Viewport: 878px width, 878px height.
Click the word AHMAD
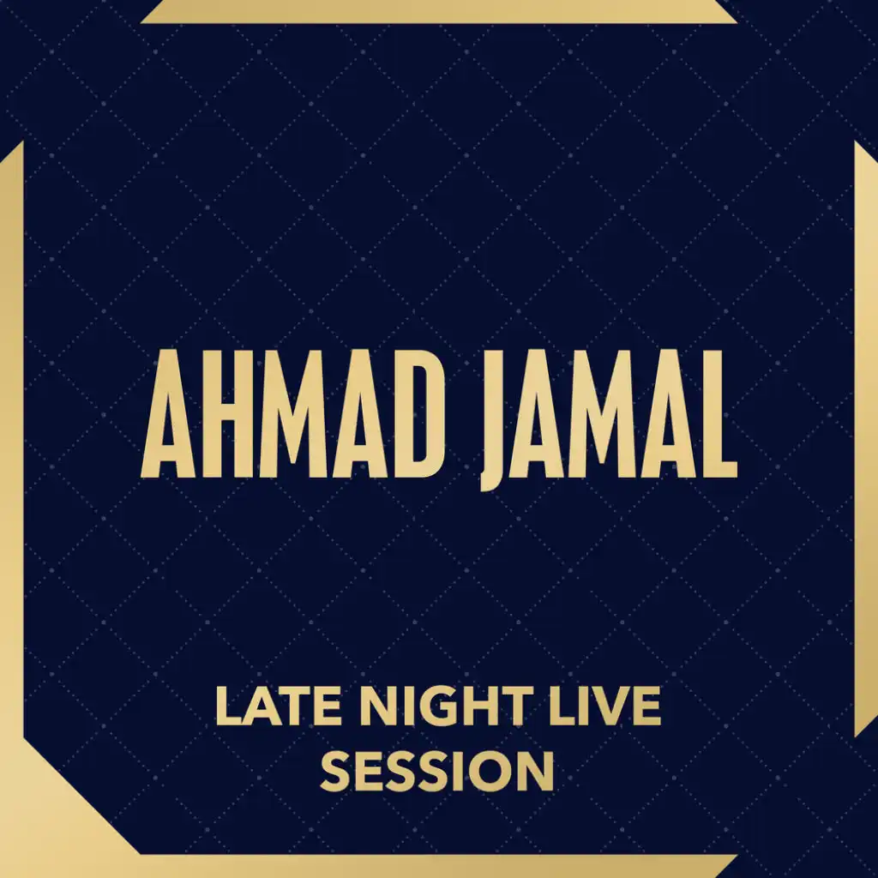coord(293,414)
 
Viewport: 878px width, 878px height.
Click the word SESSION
coord(437,772)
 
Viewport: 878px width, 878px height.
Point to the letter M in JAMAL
coord(604,414)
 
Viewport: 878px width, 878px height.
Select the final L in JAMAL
coord(721,414)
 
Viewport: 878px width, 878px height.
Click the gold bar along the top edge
coord(438,11)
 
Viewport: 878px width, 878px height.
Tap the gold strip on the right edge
coord(866,439)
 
